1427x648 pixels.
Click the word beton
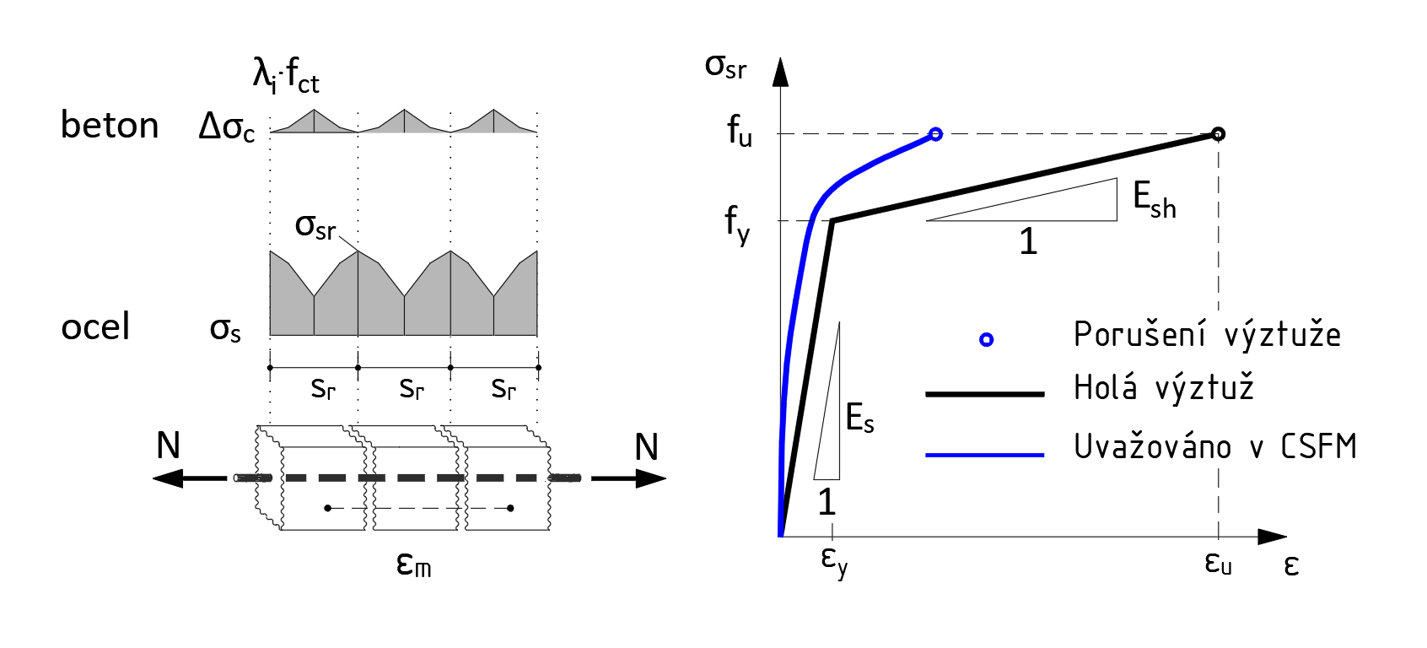pyautogui.click(x=110, y=126)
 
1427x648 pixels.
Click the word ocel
pyautogui.click(x=95, y=327)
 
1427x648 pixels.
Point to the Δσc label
pyautogui.click(x=226, y=127)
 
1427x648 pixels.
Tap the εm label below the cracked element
pyautogui.click(x=413, y=564)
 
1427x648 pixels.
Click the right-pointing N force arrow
pyautogui.click(x=628, y=478)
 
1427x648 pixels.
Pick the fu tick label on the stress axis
pyautogui.click(x=740, y=132)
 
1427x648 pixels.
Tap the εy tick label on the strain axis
pyautogui.click(x=833, y=560)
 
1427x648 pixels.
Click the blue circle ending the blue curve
pyautogui.click(x=935, y=133)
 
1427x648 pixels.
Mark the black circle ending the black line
pyautogui.click(x=1218, y=133)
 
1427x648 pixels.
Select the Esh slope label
pyautogui.click(x=1154, y=201)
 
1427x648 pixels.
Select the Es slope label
pyautogui.click(x=859, y=418)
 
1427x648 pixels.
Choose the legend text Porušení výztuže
pyautogui.click(x=1207, y=335)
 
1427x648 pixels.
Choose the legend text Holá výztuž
pyautogui.click(x=1163, y=388)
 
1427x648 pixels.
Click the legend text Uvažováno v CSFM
pyautogui.click(x=1214, y=446)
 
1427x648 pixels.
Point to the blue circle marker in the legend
pyautogui.click(x=986, y=339)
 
